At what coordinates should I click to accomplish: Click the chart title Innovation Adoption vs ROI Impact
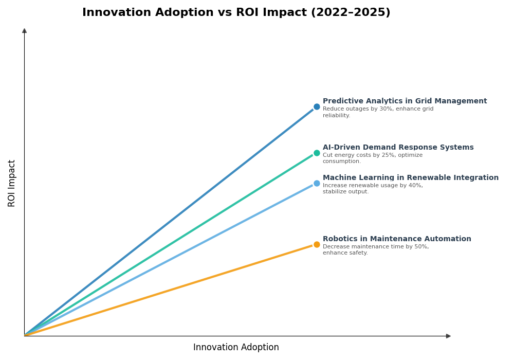coord(236,13)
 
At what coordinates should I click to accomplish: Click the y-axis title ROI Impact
coord(12,183)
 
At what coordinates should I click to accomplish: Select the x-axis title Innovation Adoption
coord(236,348)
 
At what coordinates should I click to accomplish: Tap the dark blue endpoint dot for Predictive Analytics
coord(317,107)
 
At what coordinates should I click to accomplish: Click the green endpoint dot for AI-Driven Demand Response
coord(317,153)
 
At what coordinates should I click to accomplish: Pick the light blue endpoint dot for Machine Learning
coord(317,184)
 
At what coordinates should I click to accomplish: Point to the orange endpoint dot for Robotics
coord(317,245)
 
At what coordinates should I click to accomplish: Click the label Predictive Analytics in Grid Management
coord(405,101)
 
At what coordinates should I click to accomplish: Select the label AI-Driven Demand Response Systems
coord(398,148)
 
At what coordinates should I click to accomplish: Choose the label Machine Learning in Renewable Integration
coord(410,178)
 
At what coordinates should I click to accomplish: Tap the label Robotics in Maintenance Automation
coord(397,239)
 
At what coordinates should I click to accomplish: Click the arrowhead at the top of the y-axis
coord(24,31)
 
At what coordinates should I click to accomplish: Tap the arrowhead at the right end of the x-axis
coord(448,336)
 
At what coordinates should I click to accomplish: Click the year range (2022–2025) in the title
coord(351,13)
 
